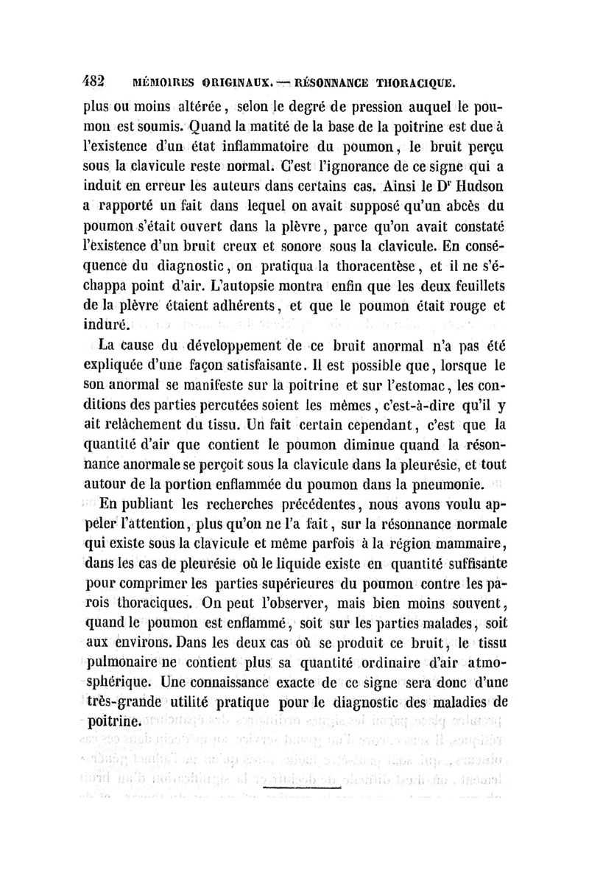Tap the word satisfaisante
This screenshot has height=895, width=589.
pyautogui.click(x=255, y=364)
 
